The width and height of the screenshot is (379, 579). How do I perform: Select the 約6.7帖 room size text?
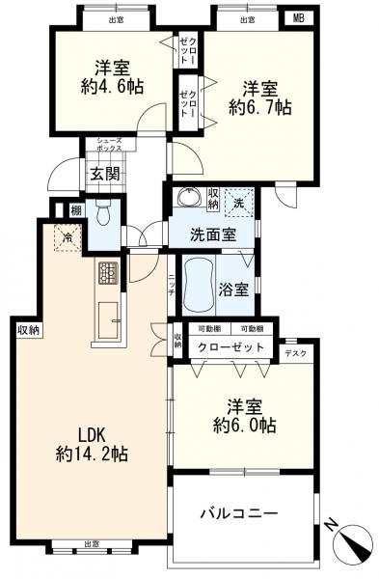pos(258,109)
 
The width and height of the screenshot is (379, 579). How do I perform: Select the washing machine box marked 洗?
pos(238,202)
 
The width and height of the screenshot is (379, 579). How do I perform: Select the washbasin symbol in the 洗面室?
pos(186,197)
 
